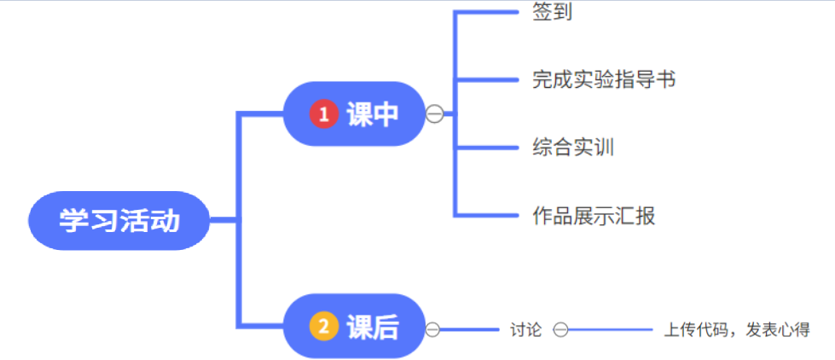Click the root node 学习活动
(x=119, y=220)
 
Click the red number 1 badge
(x=324, y=113)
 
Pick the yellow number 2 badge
(x=324, y=326)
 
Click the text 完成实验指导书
(x=604, y=80)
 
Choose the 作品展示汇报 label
(x=594, y=216)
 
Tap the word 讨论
(x=525, y=329)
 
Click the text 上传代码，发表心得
(x=736, y=329)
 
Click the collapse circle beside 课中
(x=435, y=113)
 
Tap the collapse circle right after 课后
(x=433, y=329)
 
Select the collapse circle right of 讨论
(x=560, y=329)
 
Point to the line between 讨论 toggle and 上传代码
(x=610, y=329)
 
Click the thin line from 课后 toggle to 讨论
(x=469, y=329)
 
